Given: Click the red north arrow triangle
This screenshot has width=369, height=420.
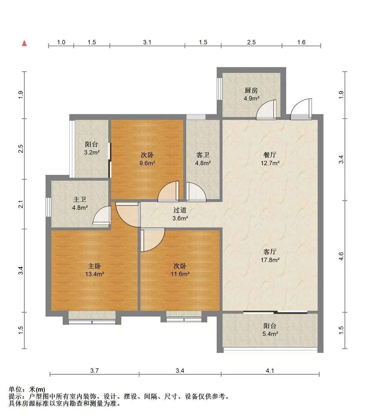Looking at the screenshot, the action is (25, 43).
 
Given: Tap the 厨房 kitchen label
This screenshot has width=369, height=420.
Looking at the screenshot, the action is (251, 90).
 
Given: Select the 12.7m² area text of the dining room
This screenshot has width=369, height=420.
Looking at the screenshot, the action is (270, 163).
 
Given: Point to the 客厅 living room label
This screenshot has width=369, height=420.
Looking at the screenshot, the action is (270, 252).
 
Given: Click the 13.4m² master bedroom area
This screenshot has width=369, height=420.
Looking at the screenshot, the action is (95, 274).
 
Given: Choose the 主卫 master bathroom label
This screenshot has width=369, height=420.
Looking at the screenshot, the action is (80, 199).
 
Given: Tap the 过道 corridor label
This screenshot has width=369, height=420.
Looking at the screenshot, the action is (180, 210).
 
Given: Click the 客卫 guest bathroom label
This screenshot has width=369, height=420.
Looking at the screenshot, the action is (203, 155).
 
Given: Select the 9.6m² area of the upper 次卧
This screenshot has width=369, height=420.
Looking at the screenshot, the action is (147, 163).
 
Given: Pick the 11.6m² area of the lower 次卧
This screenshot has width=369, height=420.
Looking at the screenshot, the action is (180, 274).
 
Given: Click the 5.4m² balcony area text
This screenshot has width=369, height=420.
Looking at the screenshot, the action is (270, 334).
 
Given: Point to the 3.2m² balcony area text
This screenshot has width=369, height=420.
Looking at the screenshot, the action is (92, 153).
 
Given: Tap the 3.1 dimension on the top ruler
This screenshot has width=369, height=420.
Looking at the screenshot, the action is (147, 42).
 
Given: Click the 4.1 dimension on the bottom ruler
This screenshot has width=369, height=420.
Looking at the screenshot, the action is (270, 370).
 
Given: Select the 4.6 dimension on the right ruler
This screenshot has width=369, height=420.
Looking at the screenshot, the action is (341, 256).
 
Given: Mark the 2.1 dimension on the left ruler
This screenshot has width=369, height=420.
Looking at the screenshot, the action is (21, 204).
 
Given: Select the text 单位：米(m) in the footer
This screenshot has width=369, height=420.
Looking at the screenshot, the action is (27, 389).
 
